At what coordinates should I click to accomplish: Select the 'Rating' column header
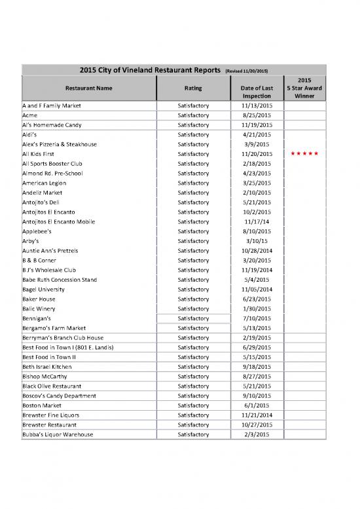pyautogui.click(x=193, y=87)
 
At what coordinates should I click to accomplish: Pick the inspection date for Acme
pyautogui.click(x=257, y=115)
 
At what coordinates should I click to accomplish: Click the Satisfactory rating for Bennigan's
pyautogui.click(x=193, y=318)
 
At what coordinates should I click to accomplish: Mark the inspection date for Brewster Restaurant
pyautogui.click(x=257, y=424)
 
